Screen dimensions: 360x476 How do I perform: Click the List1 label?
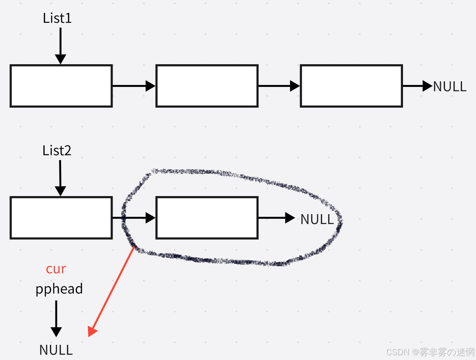click(x=57, y=18)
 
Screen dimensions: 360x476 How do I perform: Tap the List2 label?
click(x=57, y=151)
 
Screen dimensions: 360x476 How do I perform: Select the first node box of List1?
click(x=61, y=86)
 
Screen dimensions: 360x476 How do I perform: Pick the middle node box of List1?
click(x=207, y=86)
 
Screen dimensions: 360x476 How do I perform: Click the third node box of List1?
click(x=351, y=86)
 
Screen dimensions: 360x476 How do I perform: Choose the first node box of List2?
click(x=61, y=218)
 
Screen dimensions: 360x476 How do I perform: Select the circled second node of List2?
click(x=207, y=218)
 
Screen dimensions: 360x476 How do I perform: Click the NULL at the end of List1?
click(x=450, y=87)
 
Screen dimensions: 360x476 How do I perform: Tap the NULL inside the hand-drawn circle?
click(x=317, y=219)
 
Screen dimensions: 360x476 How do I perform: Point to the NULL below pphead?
click(x=56, y=350)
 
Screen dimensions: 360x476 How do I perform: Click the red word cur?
click(x=56, y=269)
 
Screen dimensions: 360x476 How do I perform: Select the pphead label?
click(x=59, y=289)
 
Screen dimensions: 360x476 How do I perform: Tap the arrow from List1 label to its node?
click(x=60, y=46)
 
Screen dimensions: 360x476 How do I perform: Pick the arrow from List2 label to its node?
click(x=60, y=178)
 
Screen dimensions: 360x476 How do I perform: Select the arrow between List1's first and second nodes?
click(x=134, y=86)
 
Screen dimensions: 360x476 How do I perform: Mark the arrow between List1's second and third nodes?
click(x=279, y=86)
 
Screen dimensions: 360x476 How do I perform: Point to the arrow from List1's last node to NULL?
click(x=417, y=86)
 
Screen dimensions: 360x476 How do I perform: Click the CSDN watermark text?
click(x=430, y=352)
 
